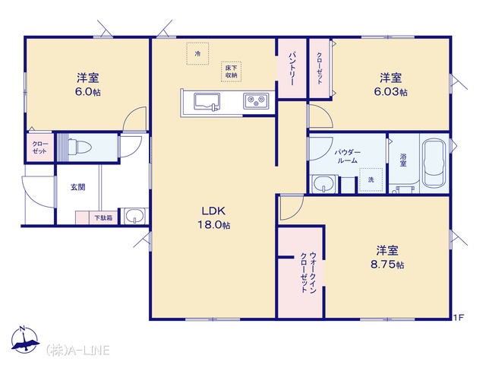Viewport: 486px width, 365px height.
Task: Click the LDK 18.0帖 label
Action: (214, 218)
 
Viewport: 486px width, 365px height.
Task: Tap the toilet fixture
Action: (79, 147)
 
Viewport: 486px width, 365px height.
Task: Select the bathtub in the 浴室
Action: (434, 163)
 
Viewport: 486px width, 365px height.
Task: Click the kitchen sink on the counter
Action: (207, 102)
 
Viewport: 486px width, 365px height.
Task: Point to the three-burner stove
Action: (256, 100)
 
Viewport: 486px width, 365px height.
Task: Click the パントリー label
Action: (292, 68)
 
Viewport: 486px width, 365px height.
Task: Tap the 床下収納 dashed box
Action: (231, 71)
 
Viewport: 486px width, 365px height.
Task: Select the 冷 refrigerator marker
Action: (197, 54)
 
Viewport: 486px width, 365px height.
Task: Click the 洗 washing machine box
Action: (371, 180)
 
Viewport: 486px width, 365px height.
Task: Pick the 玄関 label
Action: (77, 187)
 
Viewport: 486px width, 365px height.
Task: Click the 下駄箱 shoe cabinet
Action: (96, 217)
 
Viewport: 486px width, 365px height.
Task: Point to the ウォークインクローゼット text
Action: (308, 272)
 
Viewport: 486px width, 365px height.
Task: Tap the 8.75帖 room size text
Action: (387, 265)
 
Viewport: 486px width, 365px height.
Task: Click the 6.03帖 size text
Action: (390, 92)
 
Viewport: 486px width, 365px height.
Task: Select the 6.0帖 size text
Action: (88, 92)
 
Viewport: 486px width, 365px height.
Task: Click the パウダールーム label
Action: (347, 157)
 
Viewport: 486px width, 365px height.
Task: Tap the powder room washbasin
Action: (324, 184)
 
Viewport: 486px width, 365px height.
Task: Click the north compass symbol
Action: (24, 340)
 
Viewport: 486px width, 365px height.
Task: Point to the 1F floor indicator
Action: (459, 317)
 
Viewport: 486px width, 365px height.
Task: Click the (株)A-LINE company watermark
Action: (77, 351)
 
